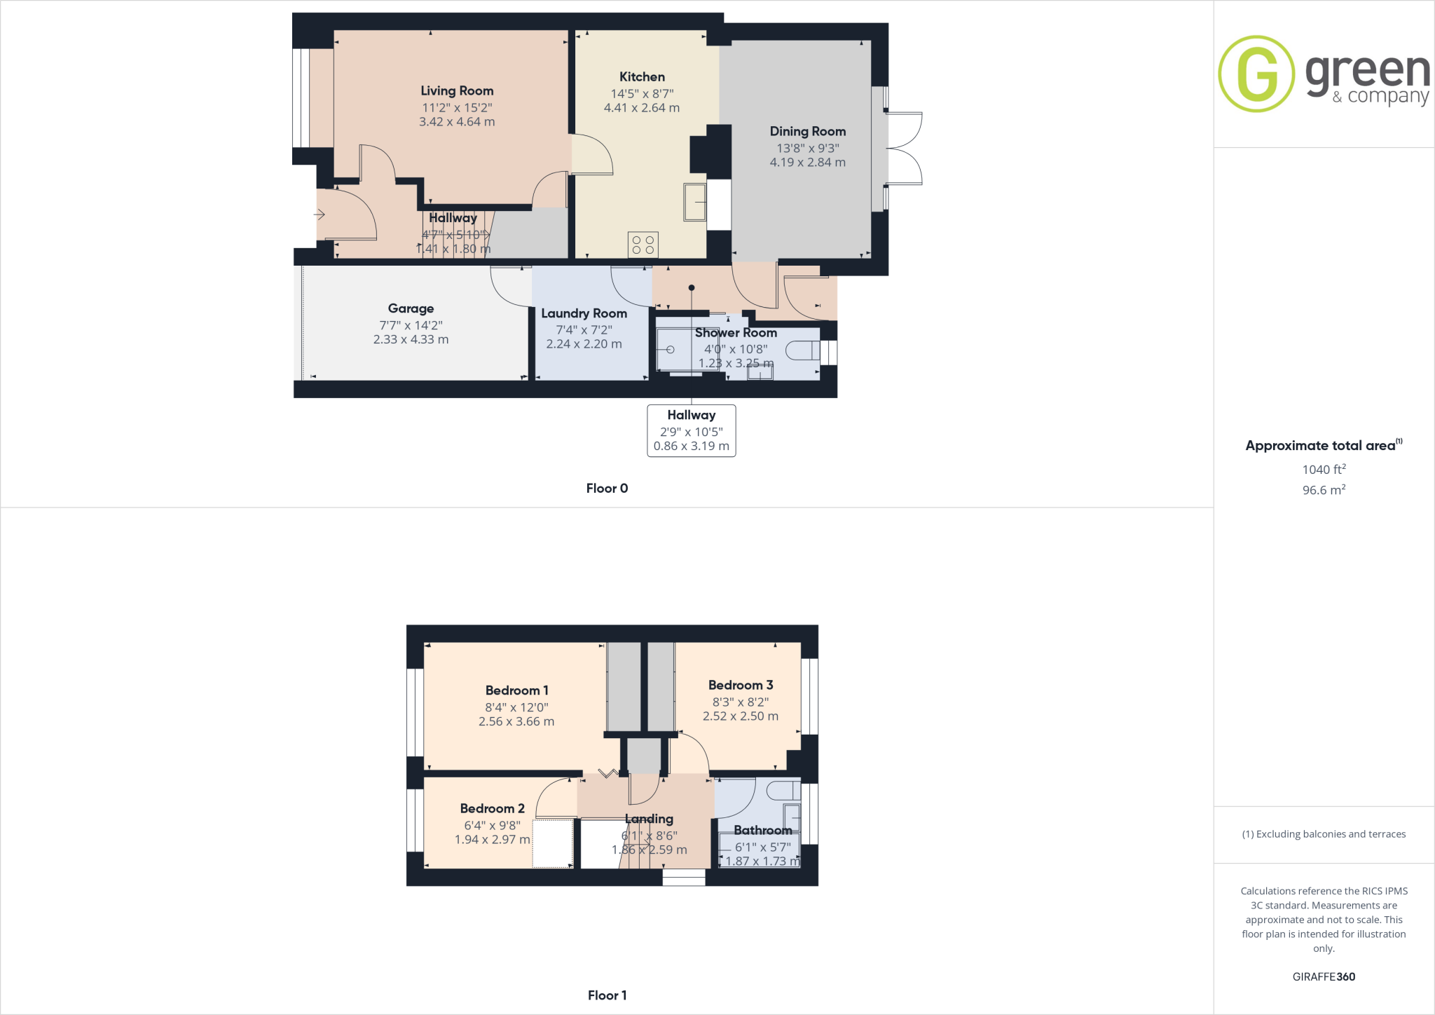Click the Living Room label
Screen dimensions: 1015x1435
coord(457,91)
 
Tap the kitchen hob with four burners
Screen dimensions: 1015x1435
coord(643,245)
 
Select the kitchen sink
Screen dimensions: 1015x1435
coord(695,202)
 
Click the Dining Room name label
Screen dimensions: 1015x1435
coord(807,132)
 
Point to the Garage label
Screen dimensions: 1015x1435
coord(411,308)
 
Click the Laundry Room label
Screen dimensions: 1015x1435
coord(584,313)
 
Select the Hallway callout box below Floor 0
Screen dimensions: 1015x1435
coord(691,430)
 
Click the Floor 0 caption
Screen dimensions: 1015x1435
coord(607,489)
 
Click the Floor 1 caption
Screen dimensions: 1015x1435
coord(607,995)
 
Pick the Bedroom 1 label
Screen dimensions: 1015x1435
coord(516,690)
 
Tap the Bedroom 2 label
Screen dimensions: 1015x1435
coord(492,809)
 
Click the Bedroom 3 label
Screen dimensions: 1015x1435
coord(740,686)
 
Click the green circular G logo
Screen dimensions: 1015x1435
coord(1256,74)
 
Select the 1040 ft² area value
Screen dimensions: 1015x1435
coord(1324,470)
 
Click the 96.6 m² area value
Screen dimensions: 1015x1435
coord(1324,490)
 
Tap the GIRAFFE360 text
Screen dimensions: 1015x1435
coord(1324,976)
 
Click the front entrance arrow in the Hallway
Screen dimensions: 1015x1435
coord(320,214)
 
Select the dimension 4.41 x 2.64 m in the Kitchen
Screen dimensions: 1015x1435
coord(642,108)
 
